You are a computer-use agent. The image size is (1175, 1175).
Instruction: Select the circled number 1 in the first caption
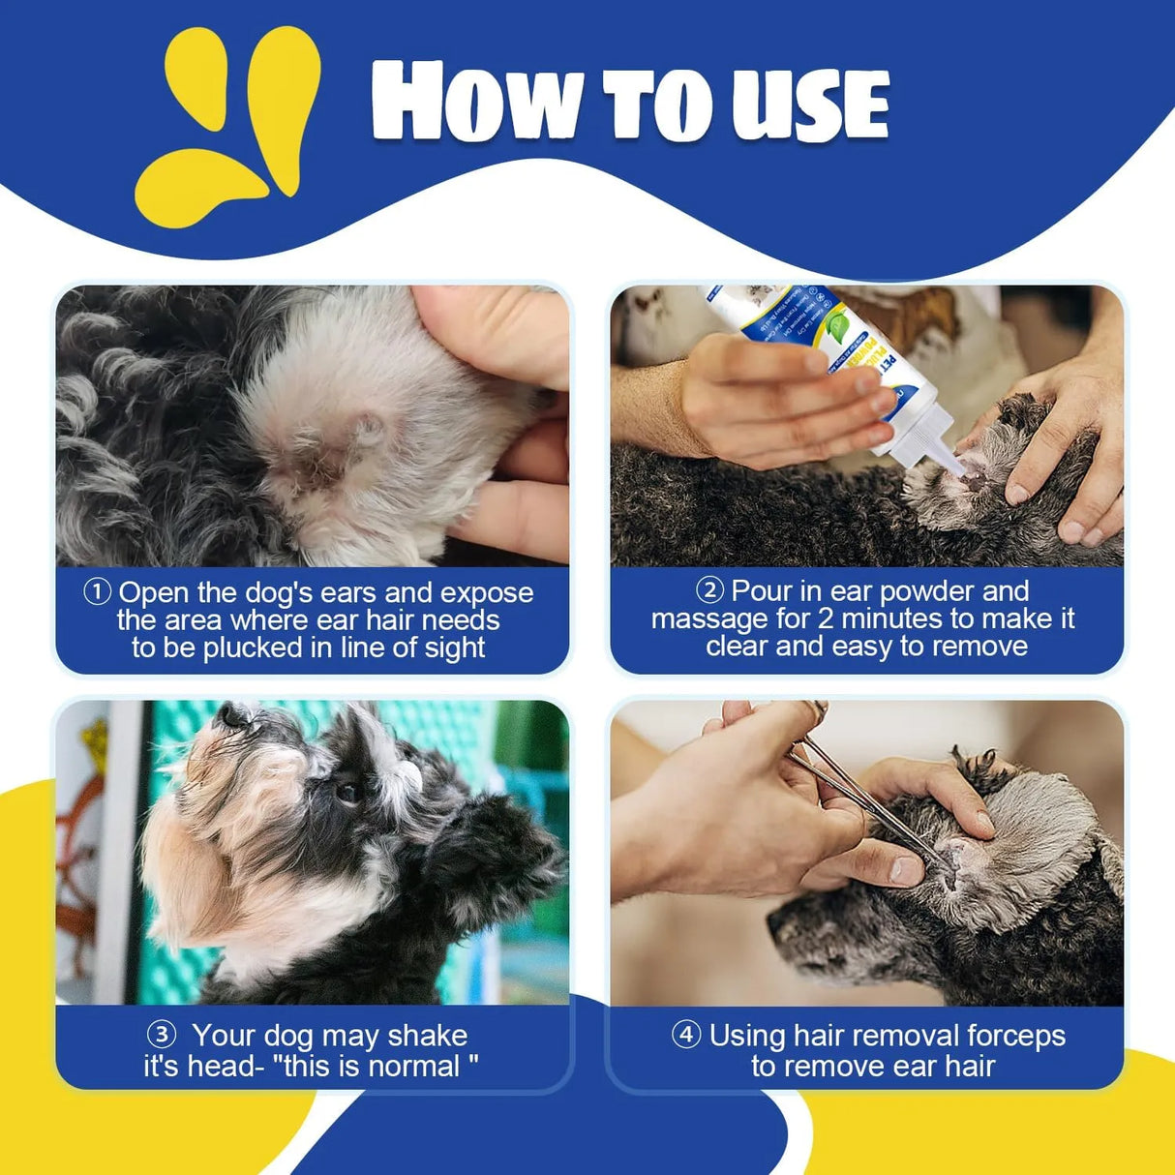coord(98,591)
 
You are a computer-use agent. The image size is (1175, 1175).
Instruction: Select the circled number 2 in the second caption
coord(709,589)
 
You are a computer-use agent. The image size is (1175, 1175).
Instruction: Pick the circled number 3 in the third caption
coord(161,1035)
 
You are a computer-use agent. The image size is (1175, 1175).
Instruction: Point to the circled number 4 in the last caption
coord(686,1035)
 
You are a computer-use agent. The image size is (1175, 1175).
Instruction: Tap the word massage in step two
coord(709,618)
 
